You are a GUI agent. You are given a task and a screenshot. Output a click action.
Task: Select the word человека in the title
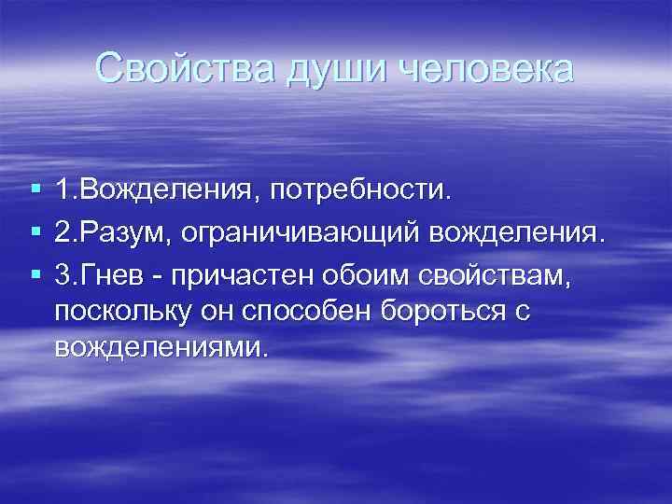[470, 68]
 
